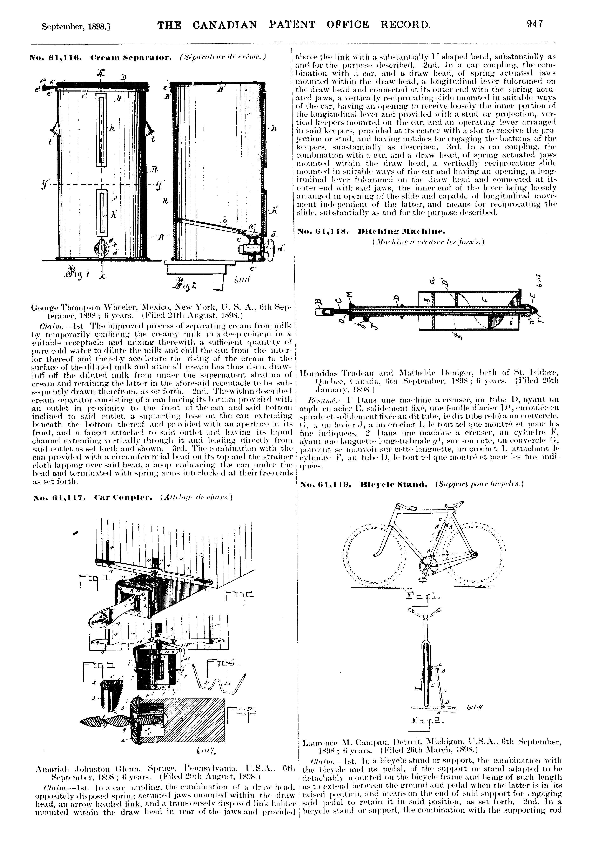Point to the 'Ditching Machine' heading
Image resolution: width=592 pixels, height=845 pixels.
pyautogui.click(x=402, y=232)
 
